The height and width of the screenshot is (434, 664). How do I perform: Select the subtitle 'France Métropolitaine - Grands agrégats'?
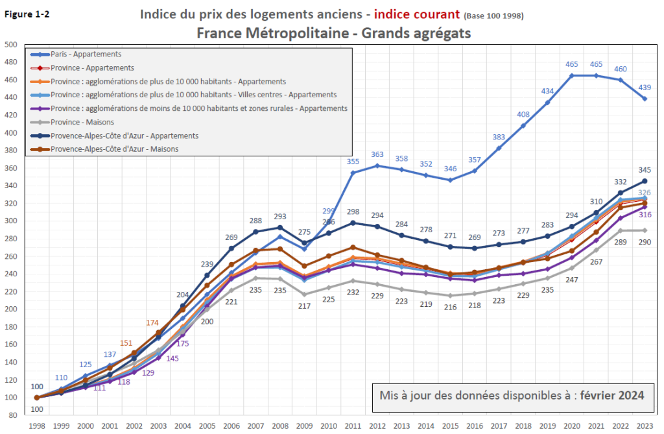333,32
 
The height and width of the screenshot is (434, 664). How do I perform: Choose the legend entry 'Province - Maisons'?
82,122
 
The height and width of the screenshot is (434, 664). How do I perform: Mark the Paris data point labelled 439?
645,99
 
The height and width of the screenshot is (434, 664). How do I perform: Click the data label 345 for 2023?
645,169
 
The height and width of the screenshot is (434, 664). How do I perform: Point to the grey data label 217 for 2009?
304,306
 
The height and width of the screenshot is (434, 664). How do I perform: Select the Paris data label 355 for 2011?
353,162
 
